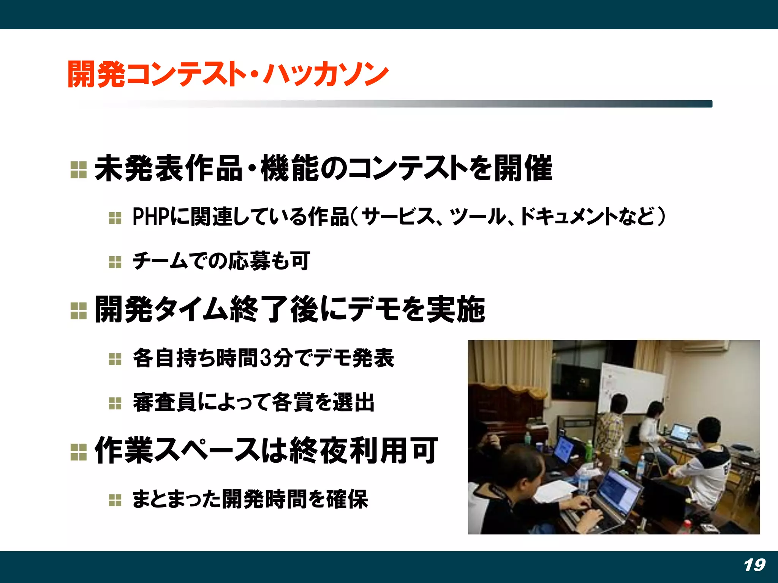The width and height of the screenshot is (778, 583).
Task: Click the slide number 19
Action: coord(754,565)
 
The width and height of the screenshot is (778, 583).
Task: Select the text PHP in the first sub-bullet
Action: coord(150,217)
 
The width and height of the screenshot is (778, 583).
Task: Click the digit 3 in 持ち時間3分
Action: coord(267,358)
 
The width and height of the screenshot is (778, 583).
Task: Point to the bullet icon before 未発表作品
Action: coord(79,170)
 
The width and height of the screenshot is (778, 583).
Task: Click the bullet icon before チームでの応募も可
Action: coord(115,262)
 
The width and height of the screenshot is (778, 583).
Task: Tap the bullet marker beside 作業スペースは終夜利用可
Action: coord(79,452)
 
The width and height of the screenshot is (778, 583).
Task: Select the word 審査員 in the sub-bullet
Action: coord(164,402)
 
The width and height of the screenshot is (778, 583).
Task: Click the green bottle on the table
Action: coord(588,450)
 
